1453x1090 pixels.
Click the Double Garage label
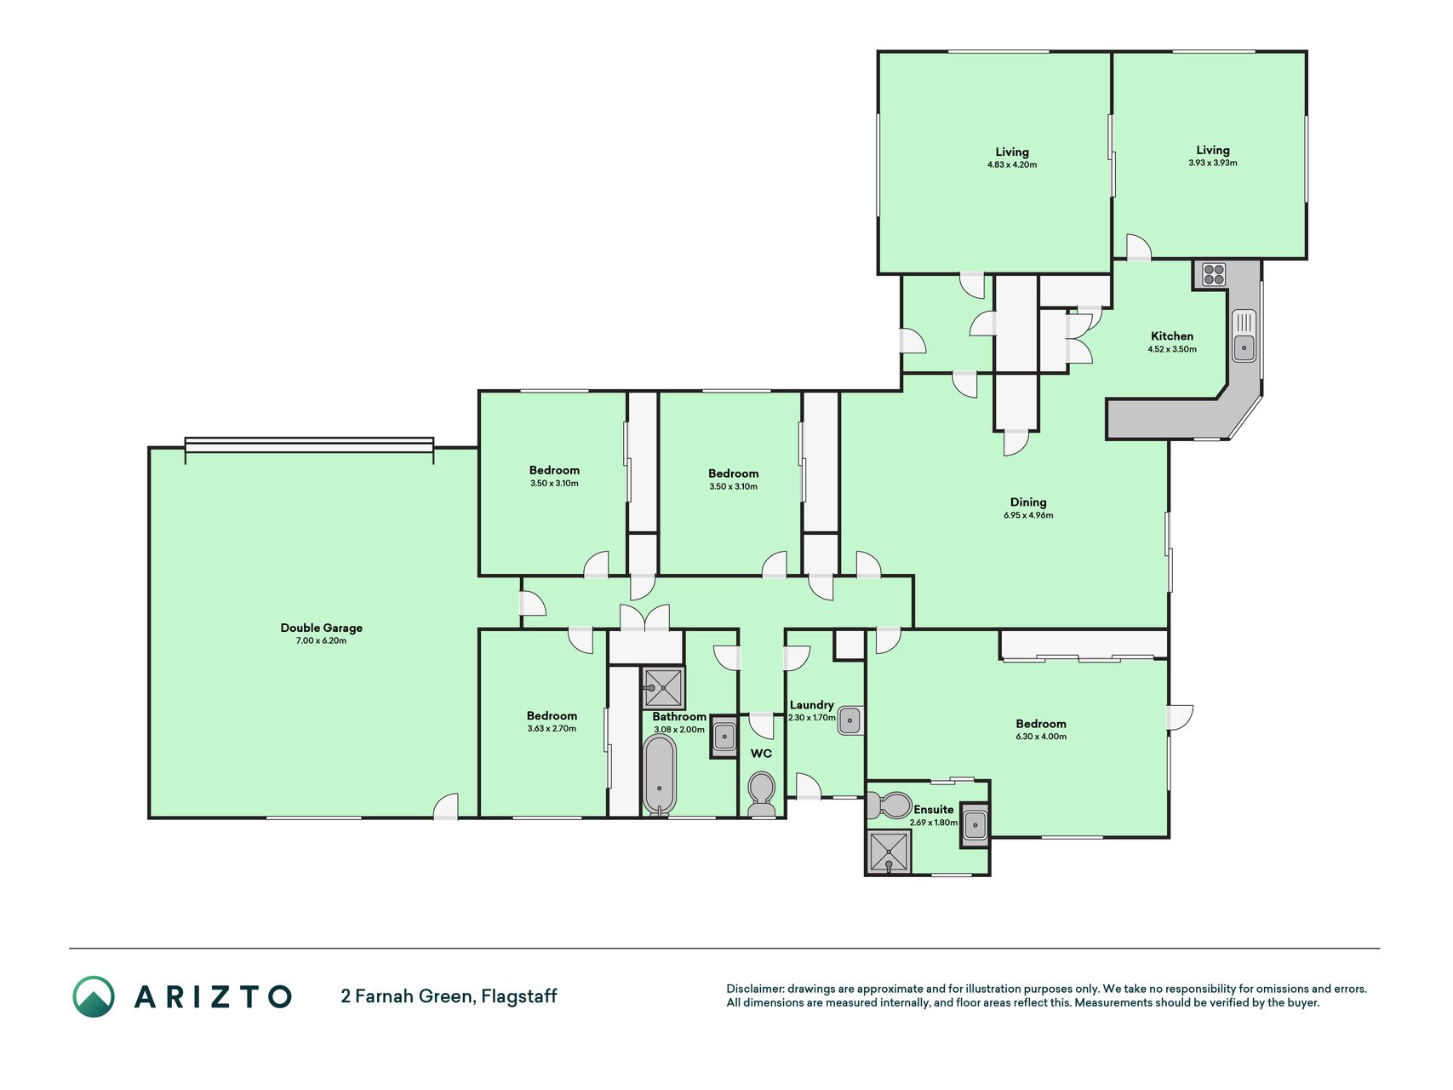(322, 628)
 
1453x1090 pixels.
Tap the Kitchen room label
(1172, 336)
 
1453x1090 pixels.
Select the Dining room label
(1028, 502)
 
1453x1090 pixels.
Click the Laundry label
(811, 705)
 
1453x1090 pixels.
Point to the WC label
(761, 754)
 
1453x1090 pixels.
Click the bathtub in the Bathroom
(660, 775)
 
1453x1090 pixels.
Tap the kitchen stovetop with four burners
(1214, 274)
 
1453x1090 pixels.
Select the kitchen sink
(1244, 336)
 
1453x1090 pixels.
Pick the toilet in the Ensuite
(890, 805)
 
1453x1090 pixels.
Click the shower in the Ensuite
(889, 852)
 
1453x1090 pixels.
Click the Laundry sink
(850, 720)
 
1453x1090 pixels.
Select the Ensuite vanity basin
(975, 824)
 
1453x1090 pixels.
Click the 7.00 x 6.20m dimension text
(322, 641)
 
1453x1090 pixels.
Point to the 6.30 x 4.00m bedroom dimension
(1041, 737)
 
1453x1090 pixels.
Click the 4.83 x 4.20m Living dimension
(1012, 165)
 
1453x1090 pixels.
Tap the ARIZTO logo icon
(94, 996)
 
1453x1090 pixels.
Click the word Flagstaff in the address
(519, 996)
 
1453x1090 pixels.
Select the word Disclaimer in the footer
(755, 989)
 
